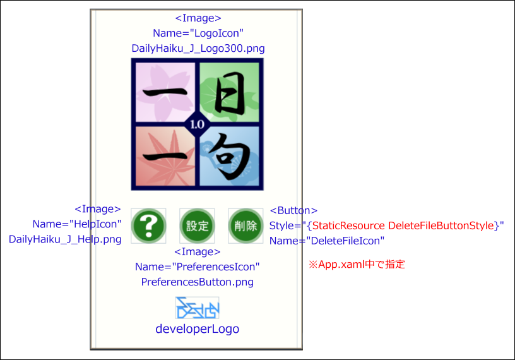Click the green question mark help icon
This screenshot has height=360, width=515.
(x=148, y=226)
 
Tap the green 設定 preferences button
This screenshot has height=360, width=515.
(x=197, y=226)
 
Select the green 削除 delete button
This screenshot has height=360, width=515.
(x=246, y=226)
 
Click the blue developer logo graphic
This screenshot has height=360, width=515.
(x=197, y=308)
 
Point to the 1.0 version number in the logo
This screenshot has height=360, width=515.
(x=197, y=124)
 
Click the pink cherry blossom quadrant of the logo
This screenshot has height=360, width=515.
(x=165, y=92)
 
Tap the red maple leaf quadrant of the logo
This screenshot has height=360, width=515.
(x=165, y=156)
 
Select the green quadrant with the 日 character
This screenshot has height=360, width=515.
(x=229, y=92)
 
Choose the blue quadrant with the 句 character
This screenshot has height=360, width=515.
(x=229, y=156)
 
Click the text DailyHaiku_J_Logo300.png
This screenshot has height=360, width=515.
(x=198, y=49)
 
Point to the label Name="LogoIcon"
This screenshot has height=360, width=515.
(x=198, y=33)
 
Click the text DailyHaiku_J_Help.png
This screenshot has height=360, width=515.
(x=65, y=239)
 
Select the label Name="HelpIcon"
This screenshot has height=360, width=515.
(x=77, y=224)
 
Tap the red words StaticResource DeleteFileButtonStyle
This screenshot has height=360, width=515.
(x=403, y=226)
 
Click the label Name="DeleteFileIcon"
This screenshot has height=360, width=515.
(x=327, y=241)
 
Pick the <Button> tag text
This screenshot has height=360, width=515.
(x=293, y=210)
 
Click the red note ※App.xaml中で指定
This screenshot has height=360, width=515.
(x=357, y=265)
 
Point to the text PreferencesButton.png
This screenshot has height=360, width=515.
(x=198, y=282)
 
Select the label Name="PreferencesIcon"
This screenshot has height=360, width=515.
(x=198, y=267)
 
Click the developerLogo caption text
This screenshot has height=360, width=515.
(x=198, y=329)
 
